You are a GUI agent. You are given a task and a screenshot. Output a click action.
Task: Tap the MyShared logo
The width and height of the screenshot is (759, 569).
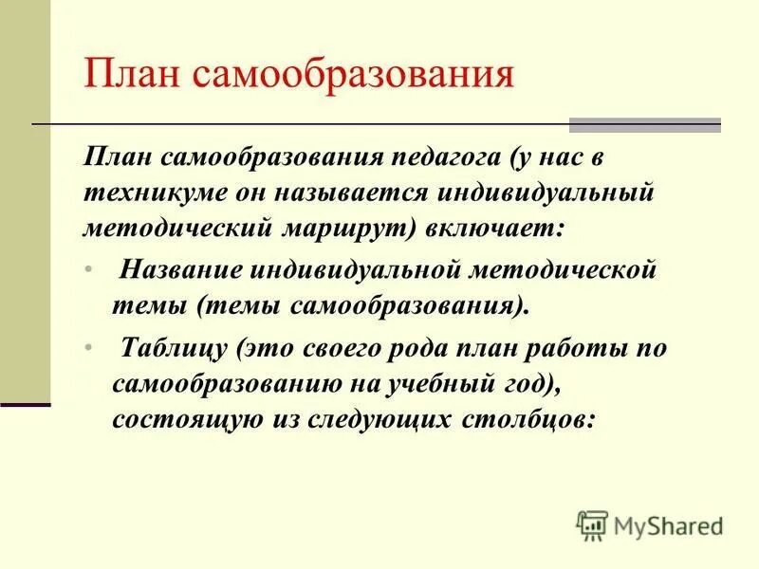click(650, 525)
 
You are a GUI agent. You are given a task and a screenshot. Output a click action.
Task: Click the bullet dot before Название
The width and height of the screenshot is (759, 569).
click(88, 270)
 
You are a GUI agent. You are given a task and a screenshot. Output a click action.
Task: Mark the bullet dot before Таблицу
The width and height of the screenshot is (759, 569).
click(88, 348)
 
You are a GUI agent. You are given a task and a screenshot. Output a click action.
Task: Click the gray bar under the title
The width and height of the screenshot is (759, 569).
click(644, 125)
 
